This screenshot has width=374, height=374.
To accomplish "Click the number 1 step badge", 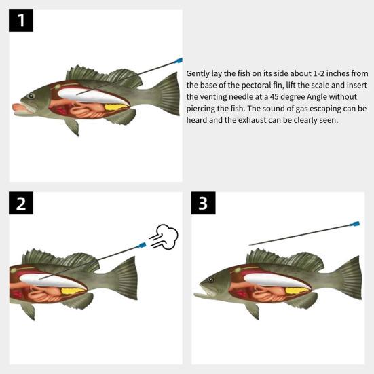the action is (x=21, y=20).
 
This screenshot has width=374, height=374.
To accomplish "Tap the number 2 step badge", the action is (x=21, y=203).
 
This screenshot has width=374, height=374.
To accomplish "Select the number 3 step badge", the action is (x=203, y=203).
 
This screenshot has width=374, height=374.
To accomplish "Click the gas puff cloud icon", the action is (x=164, y=237).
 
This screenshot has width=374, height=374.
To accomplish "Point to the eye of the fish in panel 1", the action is (x=31, y=96).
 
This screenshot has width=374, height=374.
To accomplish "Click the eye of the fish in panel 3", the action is (x=210, y=280).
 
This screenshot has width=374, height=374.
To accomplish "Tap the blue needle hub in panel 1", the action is (x=178, y=60).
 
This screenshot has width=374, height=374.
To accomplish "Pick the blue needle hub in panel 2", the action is (x=141, y=245).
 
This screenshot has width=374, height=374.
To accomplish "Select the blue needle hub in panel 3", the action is (x=355, y=224).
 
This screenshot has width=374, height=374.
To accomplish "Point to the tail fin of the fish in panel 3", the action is (x=349, y=278).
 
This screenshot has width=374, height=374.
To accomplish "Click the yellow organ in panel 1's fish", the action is (x=116, y=107).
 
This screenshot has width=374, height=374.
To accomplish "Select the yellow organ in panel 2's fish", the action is (x=73, y=291).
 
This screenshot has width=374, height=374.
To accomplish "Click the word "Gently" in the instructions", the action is (x=198, y=74).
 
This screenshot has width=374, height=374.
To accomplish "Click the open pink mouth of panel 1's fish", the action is (x=22, y=109).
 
